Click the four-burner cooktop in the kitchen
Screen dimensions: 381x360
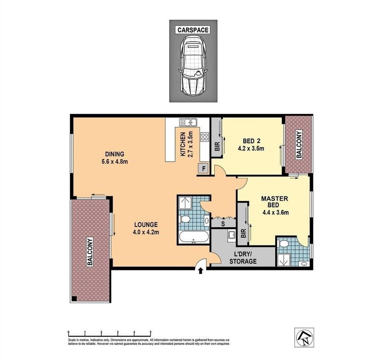pyautogui.click(x=205, y=137)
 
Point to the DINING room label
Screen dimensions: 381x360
pyautogui.click(x=115, y=154)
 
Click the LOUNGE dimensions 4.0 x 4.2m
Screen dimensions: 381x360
pyautogui.click(x=146, y=232)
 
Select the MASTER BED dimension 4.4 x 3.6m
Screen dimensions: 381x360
pyautogui.click(x=276, y=213)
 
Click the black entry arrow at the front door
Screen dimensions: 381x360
pyautogui.click(x=201, y=270)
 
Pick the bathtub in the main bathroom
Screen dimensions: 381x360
pyautogui.click(x=194, y=237)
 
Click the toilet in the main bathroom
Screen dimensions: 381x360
pyautogui.click(x=185, y=220)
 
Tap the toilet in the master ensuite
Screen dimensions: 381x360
pyautogui.click(x=283, y=243)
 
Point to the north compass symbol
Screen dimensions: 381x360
pyautogui.click(x=304, y=337)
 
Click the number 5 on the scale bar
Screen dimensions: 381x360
pyautogui.click(x=151, y=332)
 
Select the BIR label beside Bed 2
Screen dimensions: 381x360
pyautogui.click(x=218, y=147)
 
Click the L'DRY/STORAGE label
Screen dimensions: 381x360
pyautogui.click(x=243, y=258)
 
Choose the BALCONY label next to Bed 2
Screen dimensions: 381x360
pyautogui.click(x=299, y=144)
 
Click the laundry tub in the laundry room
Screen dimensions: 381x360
pyautogui.click(x=231, y=235)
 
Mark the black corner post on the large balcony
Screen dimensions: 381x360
pyautogui.click(x=74, y=299)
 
